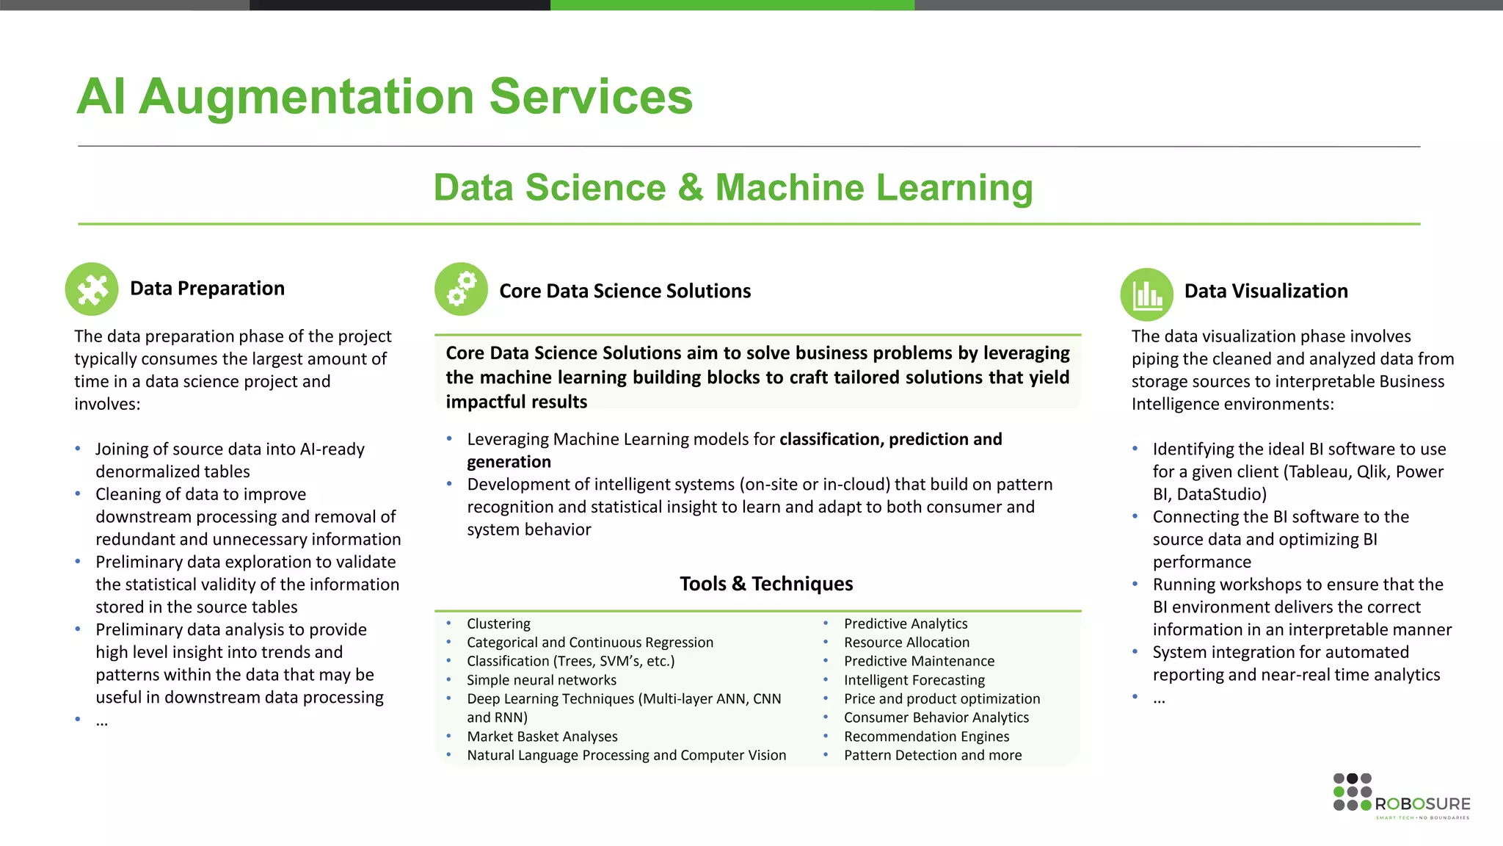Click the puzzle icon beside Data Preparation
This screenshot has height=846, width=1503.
coord(92,289)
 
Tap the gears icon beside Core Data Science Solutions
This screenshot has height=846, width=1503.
coord(461,289)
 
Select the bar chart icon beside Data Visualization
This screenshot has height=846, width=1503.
coord(1146,294)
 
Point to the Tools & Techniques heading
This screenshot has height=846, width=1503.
coord(766,584)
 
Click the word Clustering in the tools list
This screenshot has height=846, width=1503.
coord(498,623)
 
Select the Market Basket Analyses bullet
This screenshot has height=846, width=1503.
coord(542,737)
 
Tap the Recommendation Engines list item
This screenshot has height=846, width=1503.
coord(926,737)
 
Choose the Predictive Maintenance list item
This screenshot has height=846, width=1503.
coord(919,661)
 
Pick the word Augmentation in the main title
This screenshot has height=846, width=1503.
coord(307,97)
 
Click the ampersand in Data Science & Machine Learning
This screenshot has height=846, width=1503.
coord(690,188)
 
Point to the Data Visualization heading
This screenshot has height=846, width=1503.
coord(1265,292)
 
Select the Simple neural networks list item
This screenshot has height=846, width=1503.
coord(541,680)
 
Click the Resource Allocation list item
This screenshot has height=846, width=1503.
coord(906,643)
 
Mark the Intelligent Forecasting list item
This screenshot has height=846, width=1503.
coord(914,680)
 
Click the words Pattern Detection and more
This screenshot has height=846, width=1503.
coord(932,756)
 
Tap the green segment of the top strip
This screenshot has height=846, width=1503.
coord(732,4)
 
